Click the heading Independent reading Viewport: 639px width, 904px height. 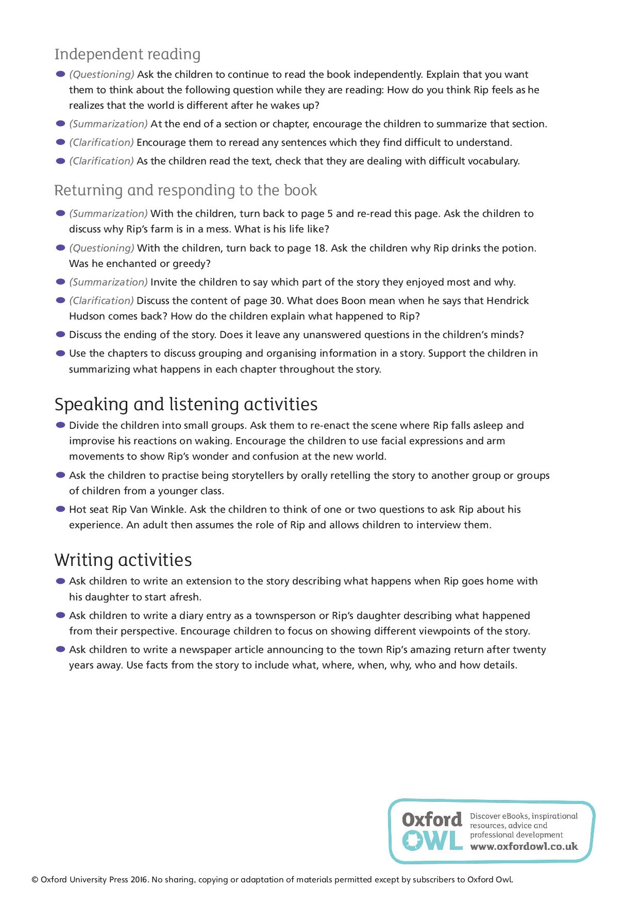tap(127, 54)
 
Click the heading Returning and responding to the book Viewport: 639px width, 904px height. tap(186, 190)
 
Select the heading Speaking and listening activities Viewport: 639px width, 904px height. tap(186, 404)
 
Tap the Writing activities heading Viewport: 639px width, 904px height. tap(123, 560)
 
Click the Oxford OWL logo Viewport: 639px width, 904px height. tap(432, 831)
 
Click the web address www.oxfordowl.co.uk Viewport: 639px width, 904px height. tap(524, 846)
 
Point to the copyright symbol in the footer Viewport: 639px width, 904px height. tap(35, 880)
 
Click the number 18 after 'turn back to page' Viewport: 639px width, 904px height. tap(320, 248)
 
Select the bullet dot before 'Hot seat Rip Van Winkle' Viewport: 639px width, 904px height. tap(60, 509)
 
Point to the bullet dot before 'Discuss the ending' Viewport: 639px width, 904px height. tap(60, 334)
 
